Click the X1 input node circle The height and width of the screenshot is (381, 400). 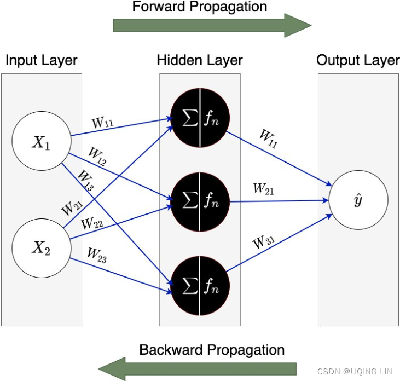click(41, 143)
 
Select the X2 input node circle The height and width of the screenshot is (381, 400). click(41, 249)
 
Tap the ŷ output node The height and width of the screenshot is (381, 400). click(358, 200)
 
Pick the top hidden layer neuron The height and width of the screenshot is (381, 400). click(200, 117)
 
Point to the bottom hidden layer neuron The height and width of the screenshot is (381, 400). click(200, 286)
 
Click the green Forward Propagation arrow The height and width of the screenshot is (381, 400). click(211, 25)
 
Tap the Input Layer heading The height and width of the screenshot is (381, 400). click(42, 60)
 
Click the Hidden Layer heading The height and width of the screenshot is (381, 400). click(200, 60)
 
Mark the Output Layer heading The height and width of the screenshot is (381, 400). click(358, 60)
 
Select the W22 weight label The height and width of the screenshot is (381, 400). click(92, 223)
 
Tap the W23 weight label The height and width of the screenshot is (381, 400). click(97, 255)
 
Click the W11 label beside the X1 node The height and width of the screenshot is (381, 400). click(103, 121)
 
